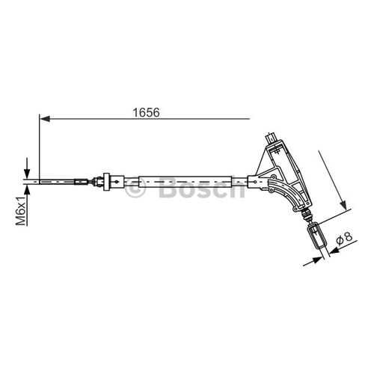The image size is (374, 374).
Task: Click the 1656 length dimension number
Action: tap(147, 112)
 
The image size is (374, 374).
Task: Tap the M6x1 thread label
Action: tap(21, 211)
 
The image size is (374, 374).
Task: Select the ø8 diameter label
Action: tap(344, 238)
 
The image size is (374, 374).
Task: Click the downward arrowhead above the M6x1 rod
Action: tap(27, 174)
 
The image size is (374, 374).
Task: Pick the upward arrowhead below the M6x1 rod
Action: tap(27, 190)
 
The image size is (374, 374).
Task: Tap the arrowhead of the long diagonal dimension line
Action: tap(343, 205)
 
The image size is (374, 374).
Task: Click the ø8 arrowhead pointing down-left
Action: tap(336, 249)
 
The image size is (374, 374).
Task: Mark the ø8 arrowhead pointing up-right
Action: tap(317, 260)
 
